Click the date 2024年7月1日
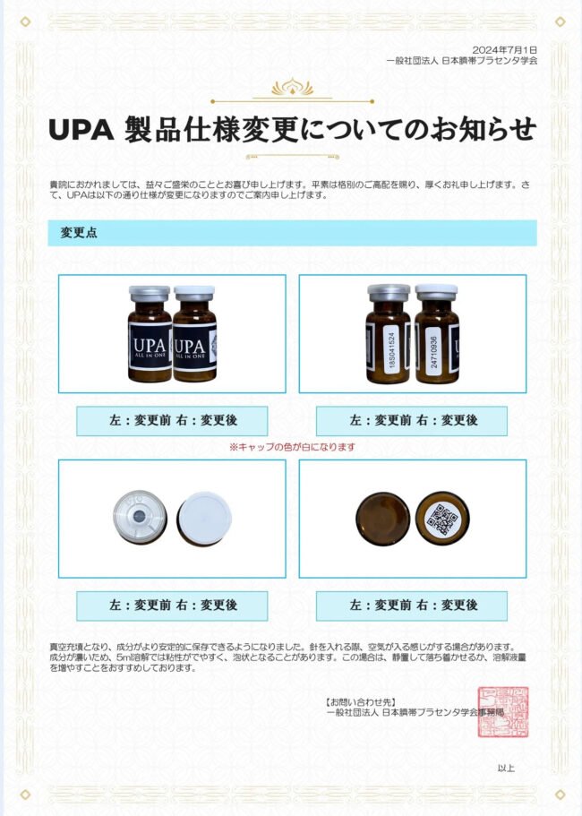[504, 50]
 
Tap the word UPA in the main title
[81, 130]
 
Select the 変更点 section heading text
[79, 233]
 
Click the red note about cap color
[292, 447]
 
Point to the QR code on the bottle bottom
[442, 520]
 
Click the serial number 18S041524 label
[392, 349]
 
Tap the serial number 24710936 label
[433, 352]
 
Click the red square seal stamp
[503, 711]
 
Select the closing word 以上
[506, 769]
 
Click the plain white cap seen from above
[204, 519]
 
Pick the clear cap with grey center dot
[140, 516]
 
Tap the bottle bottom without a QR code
[382, 519]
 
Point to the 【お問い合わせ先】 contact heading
[363, 702]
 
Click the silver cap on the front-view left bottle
[150, 294]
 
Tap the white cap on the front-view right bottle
[194, 293]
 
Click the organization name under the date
[462, 60]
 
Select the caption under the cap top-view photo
[172, 606]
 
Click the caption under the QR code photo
[412, 606]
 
